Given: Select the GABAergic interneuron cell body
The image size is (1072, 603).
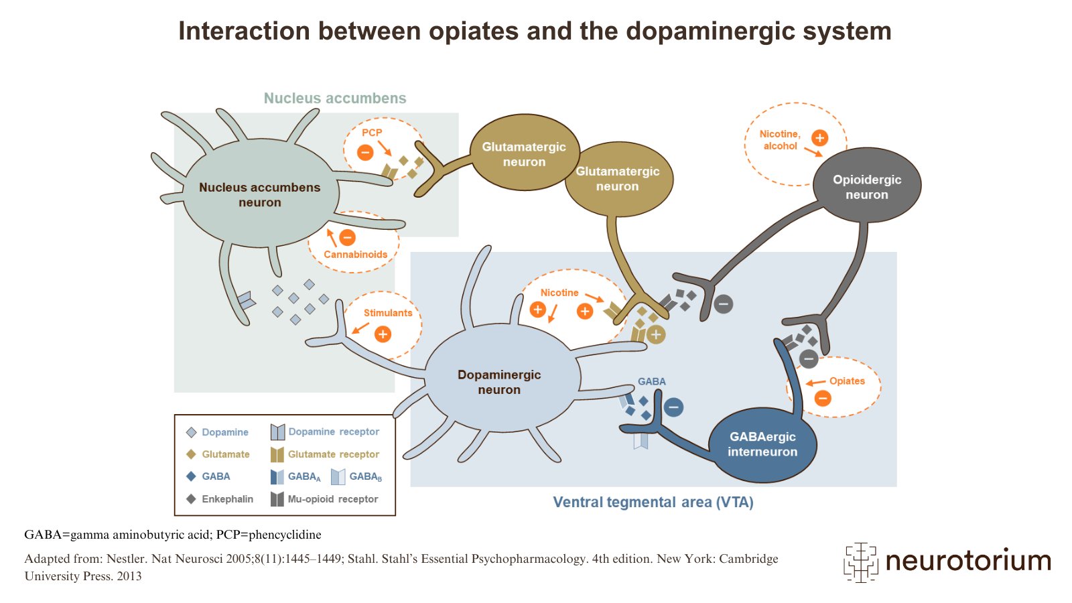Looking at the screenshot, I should click(762, 444).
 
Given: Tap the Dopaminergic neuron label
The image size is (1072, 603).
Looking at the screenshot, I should click(499, 382).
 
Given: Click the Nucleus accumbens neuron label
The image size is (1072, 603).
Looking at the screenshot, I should click(259, 194).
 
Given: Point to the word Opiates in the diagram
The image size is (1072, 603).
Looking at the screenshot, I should click(847, 381).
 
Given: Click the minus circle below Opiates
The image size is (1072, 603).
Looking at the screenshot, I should click(823, 399).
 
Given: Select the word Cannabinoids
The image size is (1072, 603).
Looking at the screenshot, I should click(356, 255).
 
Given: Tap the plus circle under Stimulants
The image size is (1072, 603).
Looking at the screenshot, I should click(383, 334).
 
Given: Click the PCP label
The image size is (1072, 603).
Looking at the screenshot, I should click(372, 133).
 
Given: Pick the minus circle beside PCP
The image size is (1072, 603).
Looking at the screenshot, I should click(365, 152).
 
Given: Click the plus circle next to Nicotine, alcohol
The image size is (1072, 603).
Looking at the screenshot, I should click(819, 138).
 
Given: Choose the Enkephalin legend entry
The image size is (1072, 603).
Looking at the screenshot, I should click(227, 499).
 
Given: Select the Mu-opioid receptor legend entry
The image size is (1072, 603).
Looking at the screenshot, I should click(332, 499).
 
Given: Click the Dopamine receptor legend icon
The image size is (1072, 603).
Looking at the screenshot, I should click(277, 432).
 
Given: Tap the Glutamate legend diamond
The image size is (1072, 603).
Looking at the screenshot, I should click(191, 454).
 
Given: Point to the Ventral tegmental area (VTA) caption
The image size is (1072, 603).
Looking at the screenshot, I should click(653, 503).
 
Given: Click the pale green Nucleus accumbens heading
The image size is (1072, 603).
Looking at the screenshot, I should click(335, 98).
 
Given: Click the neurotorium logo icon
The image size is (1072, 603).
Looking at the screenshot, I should click(860, 561).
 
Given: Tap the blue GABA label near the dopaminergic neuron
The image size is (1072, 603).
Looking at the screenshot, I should click(651, 382).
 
